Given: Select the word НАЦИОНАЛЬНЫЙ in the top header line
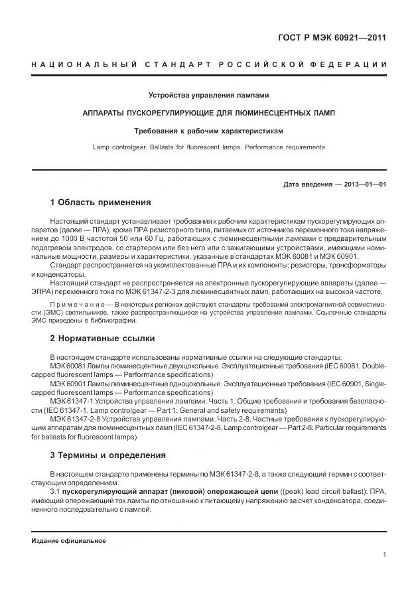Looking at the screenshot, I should pyautogui.click(x=84, y=64).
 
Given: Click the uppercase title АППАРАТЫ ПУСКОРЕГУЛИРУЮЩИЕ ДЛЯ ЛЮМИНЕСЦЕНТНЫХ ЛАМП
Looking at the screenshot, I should pyautogui.click(x=208, y=113).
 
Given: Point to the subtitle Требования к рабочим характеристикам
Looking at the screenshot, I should pyautogui.click(x=208, y=131).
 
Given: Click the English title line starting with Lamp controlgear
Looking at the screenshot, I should pyautogui.click(x=208, y=147).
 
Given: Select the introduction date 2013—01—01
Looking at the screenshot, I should pyautogui.click(x=364, y=184).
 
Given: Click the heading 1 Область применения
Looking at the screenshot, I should pyautogui.click(x=100, y=202).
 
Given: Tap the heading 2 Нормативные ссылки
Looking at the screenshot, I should pyautogui.click(x=102, y=339).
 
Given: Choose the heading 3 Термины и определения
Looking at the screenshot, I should pyautogui.click(x=108, y=455).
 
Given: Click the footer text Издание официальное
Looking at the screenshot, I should pyautogui.click(x=68, y=541).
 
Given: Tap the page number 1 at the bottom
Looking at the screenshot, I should pyautogui.click(x=384, y=555).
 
